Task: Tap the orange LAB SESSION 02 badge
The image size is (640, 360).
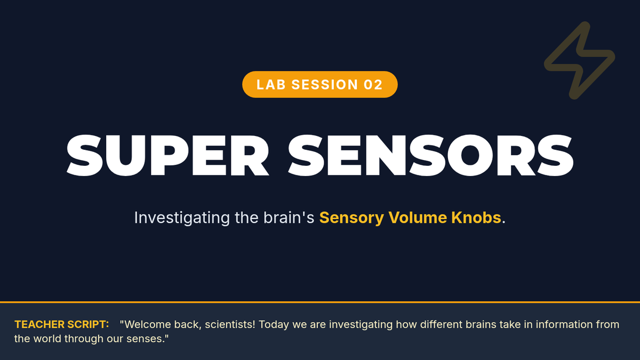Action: tap(319, 84)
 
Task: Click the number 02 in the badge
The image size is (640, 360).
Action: tap(373, 85)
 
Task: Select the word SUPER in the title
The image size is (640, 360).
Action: tap(168, 155)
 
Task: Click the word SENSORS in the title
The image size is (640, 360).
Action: tap(430, 155)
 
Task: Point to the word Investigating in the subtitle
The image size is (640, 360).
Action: tap(182, 218)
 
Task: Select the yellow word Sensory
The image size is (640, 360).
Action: tap(351, 218)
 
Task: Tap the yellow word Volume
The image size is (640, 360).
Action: tap(417, 218)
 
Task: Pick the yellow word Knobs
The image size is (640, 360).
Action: tap(476, 218)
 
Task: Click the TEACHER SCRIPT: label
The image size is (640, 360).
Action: tap(62, 325)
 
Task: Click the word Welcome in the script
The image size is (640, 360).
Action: tap(148, 325)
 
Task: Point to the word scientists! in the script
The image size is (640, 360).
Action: tap(230, 325)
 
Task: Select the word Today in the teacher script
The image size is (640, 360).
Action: tap(274, 325)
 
